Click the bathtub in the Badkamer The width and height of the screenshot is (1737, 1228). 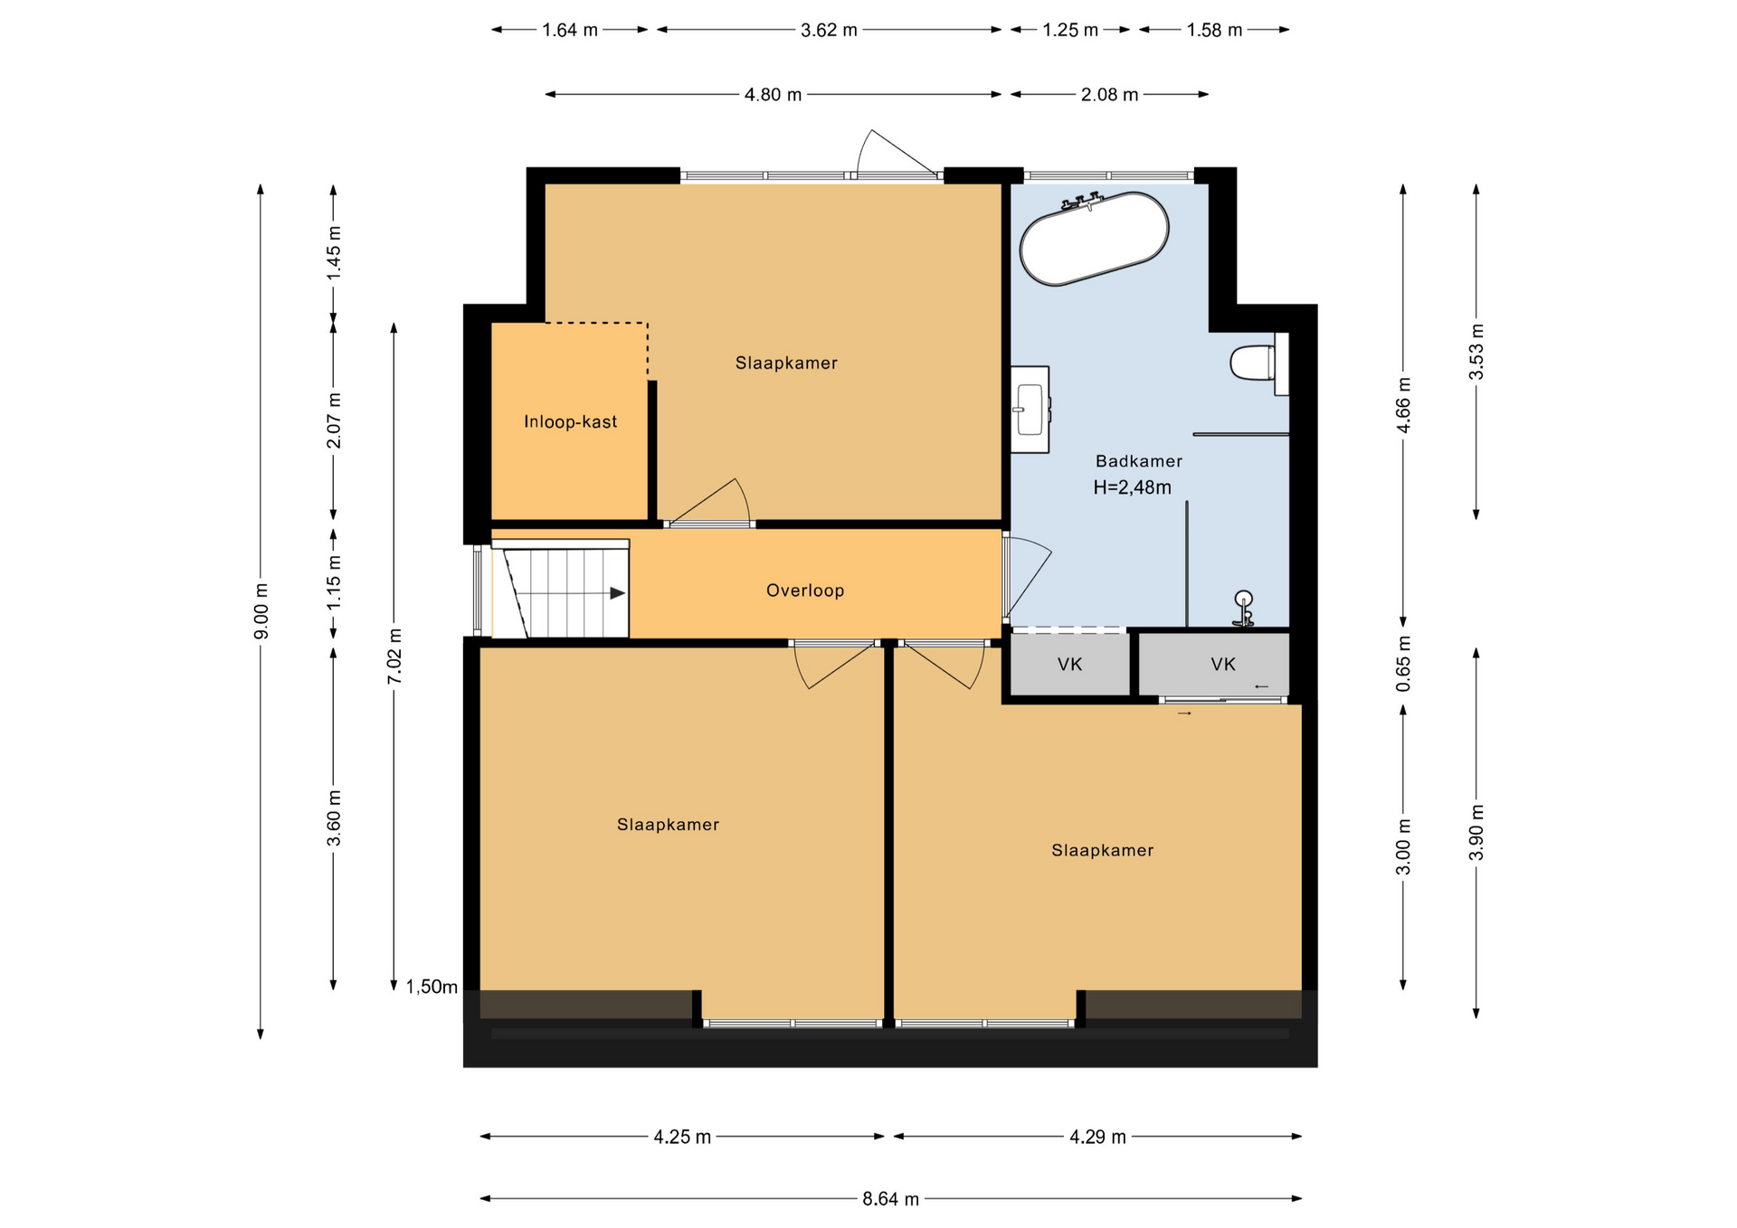(1094, 239)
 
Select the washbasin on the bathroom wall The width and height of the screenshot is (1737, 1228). (1030, 410)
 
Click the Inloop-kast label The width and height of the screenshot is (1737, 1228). (570, 421)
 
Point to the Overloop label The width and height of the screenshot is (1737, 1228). (805, 590)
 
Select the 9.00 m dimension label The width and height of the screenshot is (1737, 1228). (261, 611)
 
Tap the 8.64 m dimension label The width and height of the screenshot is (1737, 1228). (890, 1199)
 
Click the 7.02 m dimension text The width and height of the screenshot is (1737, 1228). (394, 656)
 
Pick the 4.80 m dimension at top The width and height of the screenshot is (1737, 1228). (773, 94)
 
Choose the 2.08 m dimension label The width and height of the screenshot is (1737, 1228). (1109, 94)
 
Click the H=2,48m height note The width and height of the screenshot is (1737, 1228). (1132, 487)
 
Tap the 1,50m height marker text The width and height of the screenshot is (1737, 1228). (432, 987)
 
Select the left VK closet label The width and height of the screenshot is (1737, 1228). (1069, 665)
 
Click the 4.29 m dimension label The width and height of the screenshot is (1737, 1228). (1097, 1137)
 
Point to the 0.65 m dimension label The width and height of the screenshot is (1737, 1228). (1403, 664)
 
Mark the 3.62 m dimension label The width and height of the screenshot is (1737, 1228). (829, 30)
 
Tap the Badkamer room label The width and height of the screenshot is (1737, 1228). (1139, 461)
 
